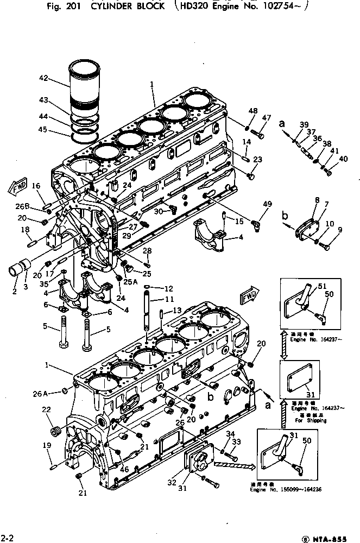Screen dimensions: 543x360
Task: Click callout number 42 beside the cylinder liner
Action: pos(44,78)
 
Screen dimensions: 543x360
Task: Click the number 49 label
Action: pos(267,204)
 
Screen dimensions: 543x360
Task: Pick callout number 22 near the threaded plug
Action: pos(47,410)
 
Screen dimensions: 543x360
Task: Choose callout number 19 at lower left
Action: pos(47,445)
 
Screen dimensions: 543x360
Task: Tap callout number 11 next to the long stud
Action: pos(169,299)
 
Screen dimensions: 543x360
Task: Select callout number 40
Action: pos(343,159)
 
